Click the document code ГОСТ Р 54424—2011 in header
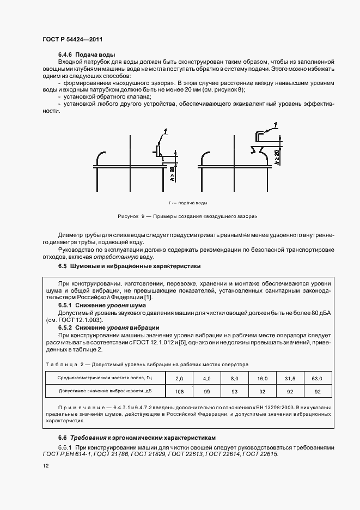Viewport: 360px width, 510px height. click(72, 40)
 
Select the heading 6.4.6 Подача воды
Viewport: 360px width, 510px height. click(87, 55)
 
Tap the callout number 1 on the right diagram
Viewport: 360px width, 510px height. click(276, 125)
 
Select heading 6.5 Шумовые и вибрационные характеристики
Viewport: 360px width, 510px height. click(130, 266)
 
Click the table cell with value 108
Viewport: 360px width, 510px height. click(179, 391)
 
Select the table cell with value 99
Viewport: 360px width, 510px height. click(206, 391)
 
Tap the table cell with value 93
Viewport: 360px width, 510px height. click(234, 391)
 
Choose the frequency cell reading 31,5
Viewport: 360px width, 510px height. click(290, 378)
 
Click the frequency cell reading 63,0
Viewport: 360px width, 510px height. click(317, 378)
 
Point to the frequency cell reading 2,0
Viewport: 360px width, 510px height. click(179, 378)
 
